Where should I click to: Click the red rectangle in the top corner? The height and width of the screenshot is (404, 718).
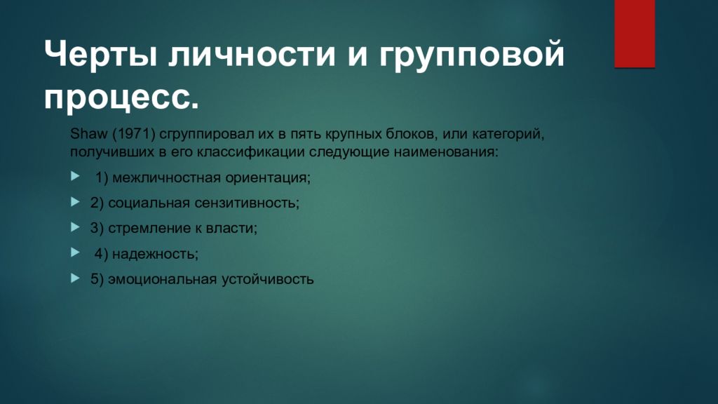pos(635,33)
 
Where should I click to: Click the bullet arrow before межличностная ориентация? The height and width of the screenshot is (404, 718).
pos(75,177)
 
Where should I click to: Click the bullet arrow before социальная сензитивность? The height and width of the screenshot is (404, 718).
pos(75,202)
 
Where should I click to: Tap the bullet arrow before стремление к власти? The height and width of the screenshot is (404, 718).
pos(75,227)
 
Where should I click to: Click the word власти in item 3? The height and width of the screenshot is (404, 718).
pos(236,228)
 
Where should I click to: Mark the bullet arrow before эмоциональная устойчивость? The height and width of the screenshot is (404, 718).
pos(75,278)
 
